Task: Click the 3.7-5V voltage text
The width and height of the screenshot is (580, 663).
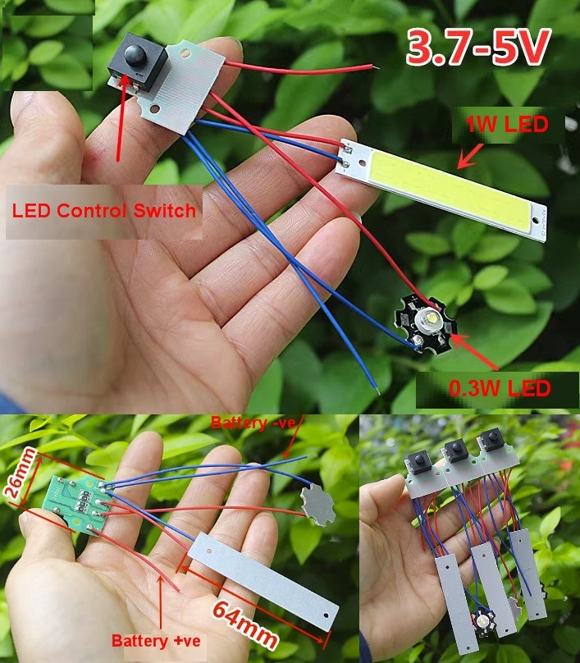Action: pyautogui.click(x=477, y=50)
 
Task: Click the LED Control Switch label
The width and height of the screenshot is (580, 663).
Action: pyautogui.click(x=104, y=210)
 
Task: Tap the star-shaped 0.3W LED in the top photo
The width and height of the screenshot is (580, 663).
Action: pyautogui.click(x=426, y=324)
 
